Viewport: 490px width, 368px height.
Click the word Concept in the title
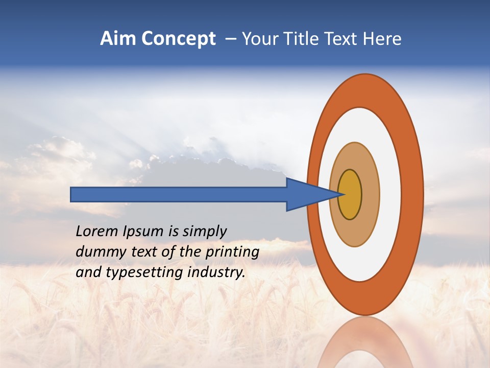point(179,38)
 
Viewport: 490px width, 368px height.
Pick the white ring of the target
point(390,194)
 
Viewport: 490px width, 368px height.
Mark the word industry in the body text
point(216,272)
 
